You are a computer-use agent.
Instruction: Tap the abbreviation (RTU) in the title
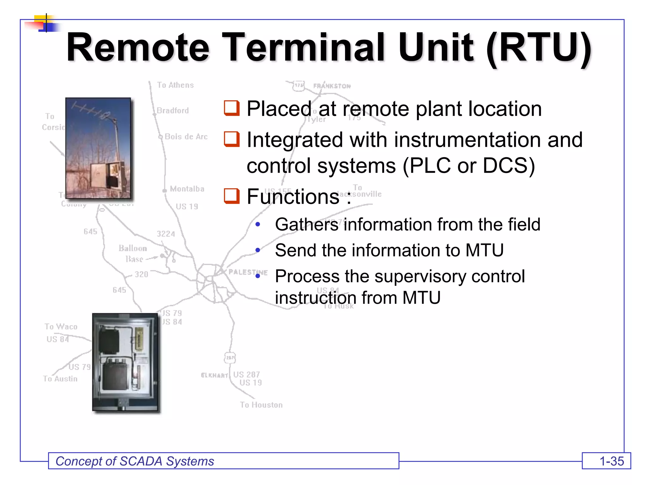tap(539, 48)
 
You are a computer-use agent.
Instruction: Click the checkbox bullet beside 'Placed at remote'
tap(232, 108)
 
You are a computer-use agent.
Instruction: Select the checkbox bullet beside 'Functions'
tap(232, 196)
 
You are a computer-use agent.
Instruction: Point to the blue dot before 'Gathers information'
tap(258, 225)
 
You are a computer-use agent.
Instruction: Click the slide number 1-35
tap(611, 461)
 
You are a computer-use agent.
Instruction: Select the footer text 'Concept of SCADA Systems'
tap(135, 461)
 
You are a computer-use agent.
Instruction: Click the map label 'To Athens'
tap(175, 85)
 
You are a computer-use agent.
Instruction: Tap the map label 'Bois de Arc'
tap(186, 137)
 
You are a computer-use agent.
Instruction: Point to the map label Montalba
tap(187, 189)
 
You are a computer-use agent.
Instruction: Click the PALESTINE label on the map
tap(248, 272)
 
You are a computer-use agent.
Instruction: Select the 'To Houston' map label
tap(261, 405)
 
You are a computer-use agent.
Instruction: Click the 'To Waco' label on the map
tap(61, 326)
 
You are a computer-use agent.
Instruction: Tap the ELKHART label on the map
tap(214, 375)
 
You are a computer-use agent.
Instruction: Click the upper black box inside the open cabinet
tap(109, 341)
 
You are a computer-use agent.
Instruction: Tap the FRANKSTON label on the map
tap(332, 86)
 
